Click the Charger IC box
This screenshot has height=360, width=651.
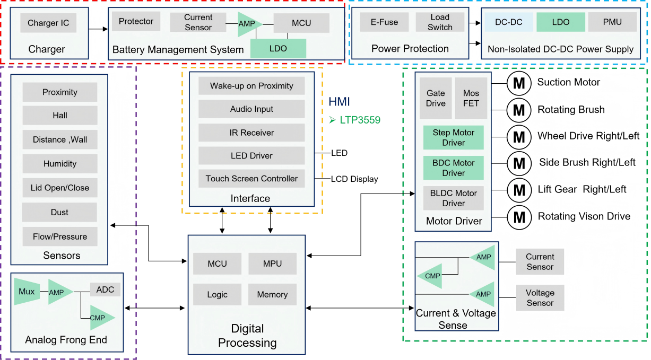point(48,23)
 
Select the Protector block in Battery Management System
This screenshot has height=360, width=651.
point(136,21)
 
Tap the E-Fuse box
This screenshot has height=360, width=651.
point(384,22)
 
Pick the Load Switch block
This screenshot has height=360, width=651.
point(440,22)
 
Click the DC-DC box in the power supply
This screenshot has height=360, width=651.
point(509,22)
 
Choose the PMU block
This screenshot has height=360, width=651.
point(612,22)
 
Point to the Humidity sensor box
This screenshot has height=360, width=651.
point(60,164)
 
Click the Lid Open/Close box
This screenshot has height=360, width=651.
point(60,188)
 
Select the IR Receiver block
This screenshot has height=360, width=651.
point(251,133)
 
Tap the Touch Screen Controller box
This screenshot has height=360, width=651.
point(251,179)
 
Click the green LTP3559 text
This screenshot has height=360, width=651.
point(360,120)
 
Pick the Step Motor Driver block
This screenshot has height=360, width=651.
point(454,138)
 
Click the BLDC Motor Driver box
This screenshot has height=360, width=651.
point(454,198)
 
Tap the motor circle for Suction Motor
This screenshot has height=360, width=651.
point(519,83)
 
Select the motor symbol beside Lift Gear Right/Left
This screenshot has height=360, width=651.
point(519,190)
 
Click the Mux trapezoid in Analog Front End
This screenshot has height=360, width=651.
point(27,292)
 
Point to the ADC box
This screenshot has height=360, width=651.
point(105,289)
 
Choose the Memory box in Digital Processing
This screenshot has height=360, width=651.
point(272,294)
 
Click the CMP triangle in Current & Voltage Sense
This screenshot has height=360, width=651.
point(431,276)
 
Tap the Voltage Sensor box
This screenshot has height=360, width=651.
point(540,298)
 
